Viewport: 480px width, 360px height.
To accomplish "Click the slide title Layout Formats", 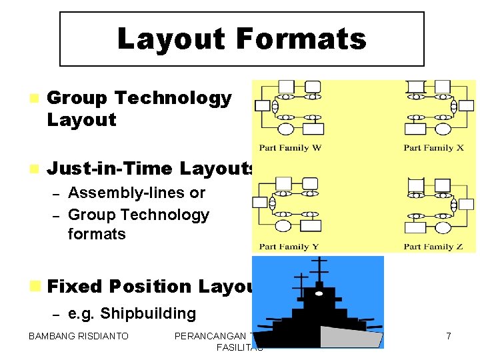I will click(x=241, y=39).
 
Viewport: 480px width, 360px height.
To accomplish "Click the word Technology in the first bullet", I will click(x=173, y=98).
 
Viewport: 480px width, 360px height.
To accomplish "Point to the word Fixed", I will click(x=75, y=287).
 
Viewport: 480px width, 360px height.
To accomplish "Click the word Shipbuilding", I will click(x=148, y=313).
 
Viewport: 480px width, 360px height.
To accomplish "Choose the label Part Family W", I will click(x=290, y=148).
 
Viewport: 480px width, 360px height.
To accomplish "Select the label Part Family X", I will click(x=433, y=148).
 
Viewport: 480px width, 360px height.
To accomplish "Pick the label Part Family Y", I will click(x=289, y=247).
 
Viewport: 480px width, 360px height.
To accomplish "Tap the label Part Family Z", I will click(x=433, y=247).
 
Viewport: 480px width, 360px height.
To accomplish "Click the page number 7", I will click(x=448, y=337).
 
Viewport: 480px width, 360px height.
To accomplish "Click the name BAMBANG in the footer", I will click(x=51, y=337).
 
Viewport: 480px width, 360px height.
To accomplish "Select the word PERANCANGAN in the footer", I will click(x=211, y=337).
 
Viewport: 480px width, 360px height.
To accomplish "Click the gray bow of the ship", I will click(x=350, y=337).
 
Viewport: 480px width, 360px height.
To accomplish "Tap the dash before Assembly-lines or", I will click(x=57, y=194).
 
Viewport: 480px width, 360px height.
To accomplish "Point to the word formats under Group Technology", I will click(x=97, y=234).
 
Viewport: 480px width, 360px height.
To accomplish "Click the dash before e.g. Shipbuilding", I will click(x=57, y=314).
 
